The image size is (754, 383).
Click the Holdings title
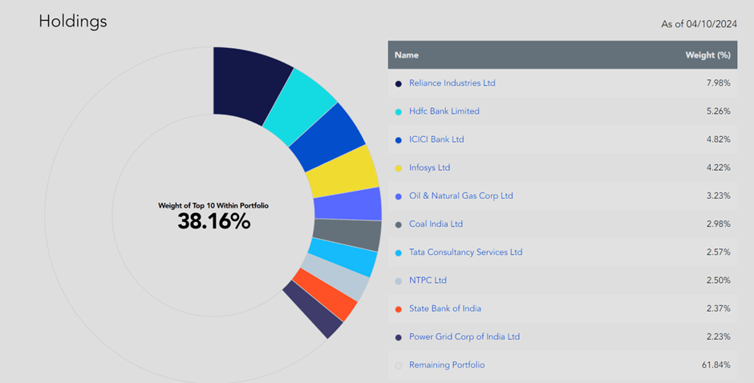point(72,22)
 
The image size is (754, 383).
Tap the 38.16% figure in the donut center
point(213,221)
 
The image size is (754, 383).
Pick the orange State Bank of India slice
point(325,295)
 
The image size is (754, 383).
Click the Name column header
point(407,55)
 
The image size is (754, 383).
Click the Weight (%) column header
point(707,55)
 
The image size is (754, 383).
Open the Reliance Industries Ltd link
point(452,83)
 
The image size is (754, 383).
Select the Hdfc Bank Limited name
point(444,111)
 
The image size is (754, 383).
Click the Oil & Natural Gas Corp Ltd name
point(460,196)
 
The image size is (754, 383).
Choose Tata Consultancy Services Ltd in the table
point(465,252)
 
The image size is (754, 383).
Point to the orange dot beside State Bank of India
point(399,309)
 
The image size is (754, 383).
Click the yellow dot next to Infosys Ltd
point(399,168)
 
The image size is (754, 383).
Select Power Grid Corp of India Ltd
point(464,337)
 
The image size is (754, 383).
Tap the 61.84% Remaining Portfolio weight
point(714,365)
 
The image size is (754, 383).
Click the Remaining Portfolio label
point(446,365)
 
